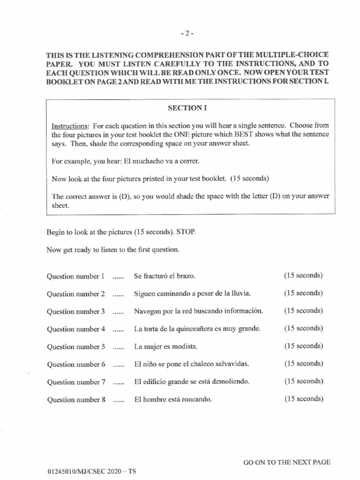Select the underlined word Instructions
68,126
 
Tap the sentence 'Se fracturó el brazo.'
164,276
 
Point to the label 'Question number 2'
75,294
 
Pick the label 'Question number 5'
75,347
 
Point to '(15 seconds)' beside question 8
303,399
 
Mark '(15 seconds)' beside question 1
303,276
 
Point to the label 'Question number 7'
75,382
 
